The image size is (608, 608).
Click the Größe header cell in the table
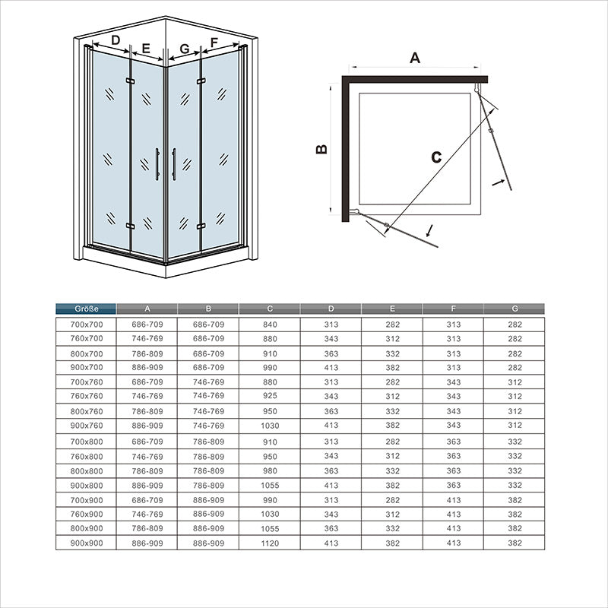85,309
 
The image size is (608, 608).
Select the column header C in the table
270,309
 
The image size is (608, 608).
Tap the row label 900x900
85,543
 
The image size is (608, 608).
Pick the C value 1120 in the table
270,543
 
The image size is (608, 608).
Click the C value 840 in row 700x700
270,325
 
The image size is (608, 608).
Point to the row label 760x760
85,396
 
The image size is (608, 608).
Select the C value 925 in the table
270,396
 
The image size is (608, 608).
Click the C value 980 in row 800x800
270,470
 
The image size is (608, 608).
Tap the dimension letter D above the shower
116,40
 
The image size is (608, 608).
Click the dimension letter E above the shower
146,48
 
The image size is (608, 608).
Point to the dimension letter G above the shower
184,49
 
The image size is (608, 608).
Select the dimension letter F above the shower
214,41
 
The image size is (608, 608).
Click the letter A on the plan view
415,57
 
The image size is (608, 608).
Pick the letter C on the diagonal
435,157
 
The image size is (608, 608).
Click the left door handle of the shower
157,164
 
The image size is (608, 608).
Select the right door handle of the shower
174,164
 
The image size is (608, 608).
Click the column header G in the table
515,309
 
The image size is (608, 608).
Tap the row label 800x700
85,353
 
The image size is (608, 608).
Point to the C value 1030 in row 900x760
270,426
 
